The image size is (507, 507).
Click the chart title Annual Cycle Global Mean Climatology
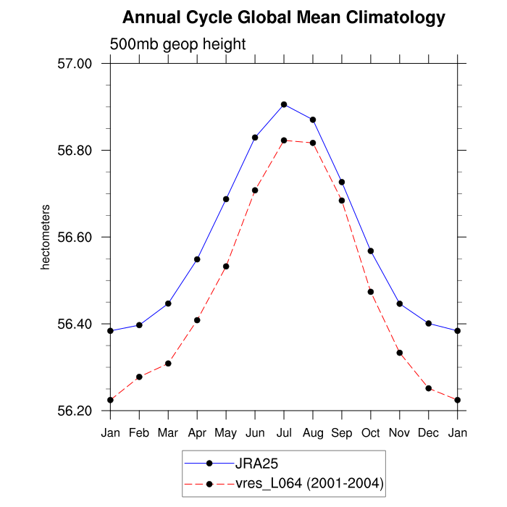click(283, 17)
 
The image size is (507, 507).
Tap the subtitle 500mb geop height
click(177, 44)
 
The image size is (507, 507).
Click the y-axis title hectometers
click(46, 238)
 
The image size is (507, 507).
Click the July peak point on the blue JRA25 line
click(284, 104)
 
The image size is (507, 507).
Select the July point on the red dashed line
click(284, 141)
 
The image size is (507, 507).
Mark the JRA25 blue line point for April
click(197, 259)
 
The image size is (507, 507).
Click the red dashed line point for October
click(371, 292)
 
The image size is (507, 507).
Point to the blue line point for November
click(400, 303)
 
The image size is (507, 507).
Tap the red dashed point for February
click(139, 377)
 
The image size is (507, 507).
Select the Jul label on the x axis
click(284, 433)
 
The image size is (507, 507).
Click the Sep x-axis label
click(342, 433)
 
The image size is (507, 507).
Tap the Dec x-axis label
click(429, 433)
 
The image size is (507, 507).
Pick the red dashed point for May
click(226, 267)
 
